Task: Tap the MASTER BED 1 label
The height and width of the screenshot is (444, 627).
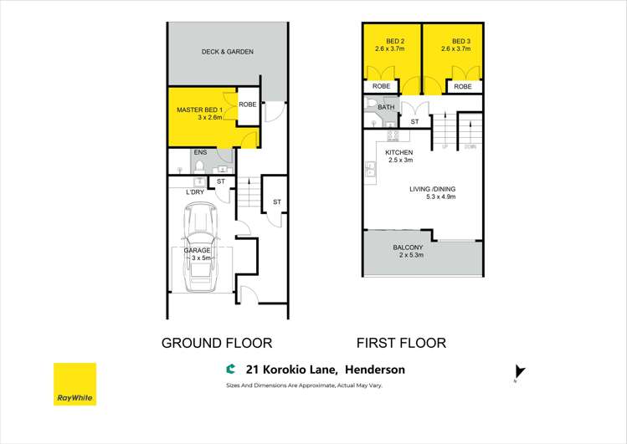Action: tap(199, 110)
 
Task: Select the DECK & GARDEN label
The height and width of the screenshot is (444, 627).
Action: tap(227, 52)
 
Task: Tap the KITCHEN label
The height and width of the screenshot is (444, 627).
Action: tap(399, 152)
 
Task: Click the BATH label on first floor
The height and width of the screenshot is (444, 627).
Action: tap(386, 107)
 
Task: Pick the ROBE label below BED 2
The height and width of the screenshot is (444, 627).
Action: tap(381, 86)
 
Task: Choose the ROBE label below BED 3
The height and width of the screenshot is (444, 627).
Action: tap(462, 86)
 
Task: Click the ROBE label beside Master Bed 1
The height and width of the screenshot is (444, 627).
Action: tap(248, 105)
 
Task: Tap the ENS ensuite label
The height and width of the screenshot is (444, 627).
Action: tap(200, 153)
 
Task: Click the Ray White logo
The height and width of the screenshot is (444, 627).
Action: tap(75, 384)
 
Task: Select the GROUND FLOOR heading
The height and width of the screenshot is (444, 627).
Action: tap(216, 343)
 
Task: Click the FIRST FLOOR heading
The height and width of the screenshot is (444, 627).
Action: tap(401, 343)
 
